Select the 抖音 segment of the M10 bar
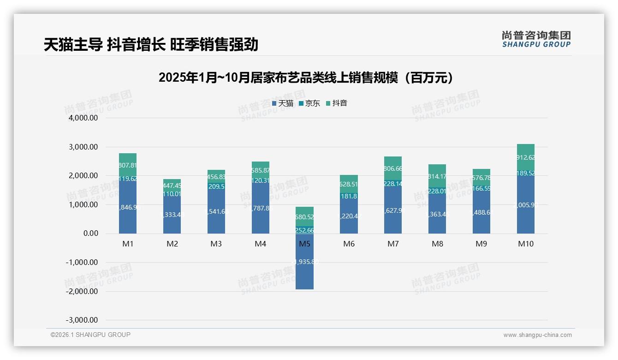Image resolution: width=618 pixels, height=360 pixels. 526,157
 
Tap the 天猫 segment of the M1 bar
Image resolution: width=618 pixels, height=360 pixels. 128,208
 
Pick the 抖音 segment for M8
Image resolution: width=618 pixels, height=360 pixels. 437,176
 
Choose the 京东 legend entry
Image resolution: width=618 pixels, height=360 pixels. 309,103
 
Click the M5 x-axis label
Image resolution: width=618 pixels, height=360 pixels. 304,244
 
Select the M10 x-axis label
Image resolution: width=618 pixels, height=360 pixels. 526,244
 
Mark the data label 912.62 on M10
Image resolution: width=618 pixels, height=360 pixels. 526,157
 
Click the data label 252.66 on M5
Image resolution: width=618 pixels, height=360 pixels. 304,230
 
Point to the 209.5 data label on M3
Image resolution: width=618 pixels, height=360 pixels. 216,186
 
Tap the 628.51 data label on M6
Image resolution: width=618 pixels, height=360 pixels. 349,184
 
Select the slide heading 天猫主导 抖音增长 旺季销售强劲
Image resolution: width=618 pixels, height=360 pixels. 151,45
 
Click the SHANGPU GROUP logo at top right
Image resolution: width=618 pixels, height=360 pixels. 536,39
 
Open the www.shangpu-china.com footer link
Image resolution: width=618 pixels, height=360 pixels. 537,335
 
